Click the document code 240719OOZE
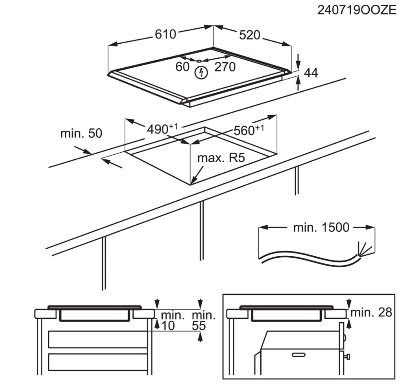coord(357,10)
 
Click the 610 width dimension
coord(166,34)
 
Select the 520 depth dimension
coord(249,35)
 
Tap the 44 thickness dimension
coord(311,73)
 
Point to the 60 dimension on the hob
coord(183,67)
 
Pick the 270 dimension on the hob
coord(225,67)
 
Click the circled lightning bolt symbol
coord(201,72)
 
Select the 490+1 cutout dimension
coord(162,128)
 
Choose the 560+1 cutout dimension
coord(249,130)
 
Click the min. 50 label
coord(81,134)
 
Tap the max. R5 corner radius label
coord(221,158)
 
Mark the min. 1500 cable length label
coord(321,228)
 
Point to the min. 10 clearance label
coord(171,321)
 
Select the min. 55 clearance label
coord(203,321)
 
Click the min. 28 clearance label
coord(371,312)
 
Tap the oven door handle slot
coord(298,355)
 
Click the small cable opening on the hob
coord(199,61)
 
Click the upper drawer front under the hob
coord(98,340)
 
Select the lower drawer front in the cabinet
coord(98,362)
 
